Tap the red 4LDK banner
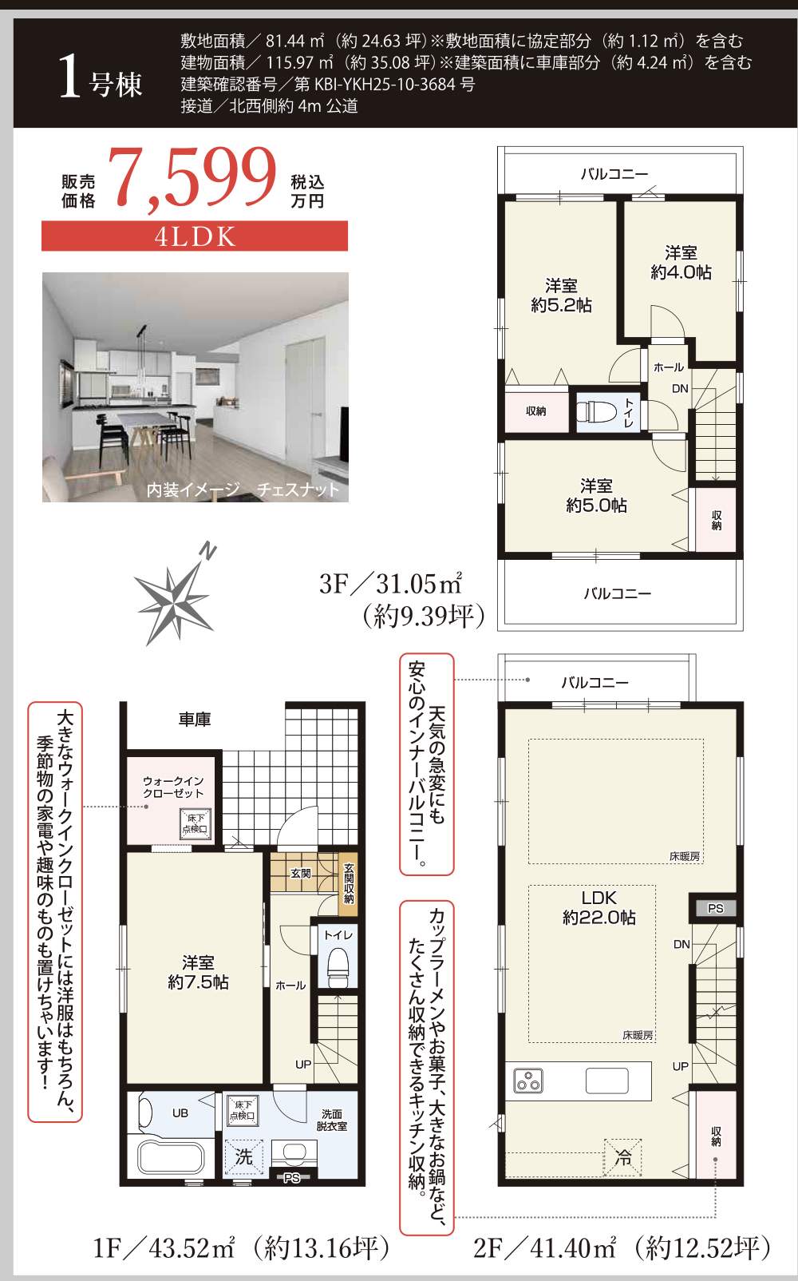pos(195,236)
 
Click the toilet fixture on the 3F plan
pos(595,411)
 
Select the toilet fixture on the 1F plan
pos(338,964)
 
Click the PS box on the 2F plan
pos(715,908)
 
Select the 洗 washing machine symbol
pos(244,1156)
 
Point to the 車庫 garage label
pos(195,720)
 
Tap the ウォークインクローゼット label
pos(173,787)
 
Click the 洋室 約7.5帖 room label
pos(198,972)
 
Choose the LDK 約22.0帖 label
pos(598,907)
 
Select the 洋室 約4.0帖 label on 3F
pos(681,263)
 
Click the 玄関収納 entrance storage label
pos(349,883)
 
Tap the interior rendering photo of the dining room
pos(196,387)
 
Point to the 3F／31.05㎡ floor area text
pos(390,584)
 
